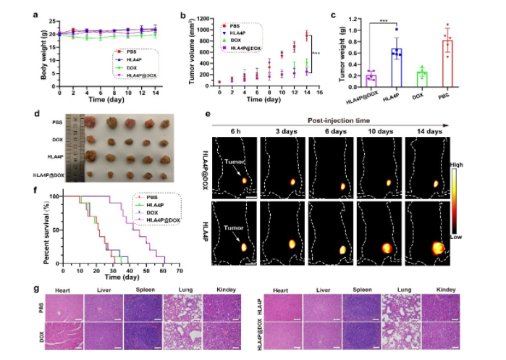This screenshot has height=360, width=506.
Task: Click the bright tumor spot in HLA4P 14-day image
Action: click(437, 248)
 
